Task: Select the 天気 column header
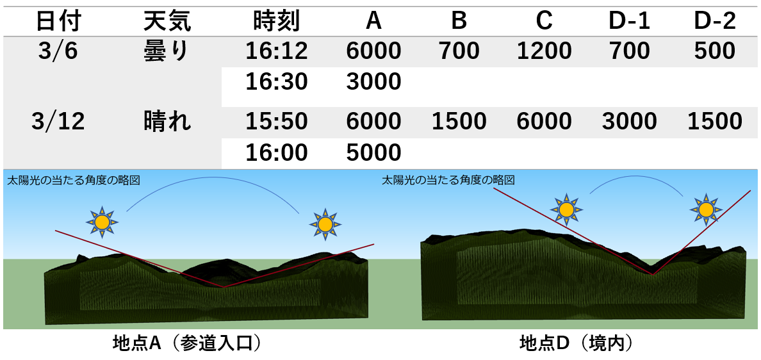coord(167,22)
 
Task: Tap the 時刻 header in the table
coord(277,22)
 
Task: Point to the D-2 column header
coord(715,22)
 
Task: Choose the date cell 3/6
coord(57,51)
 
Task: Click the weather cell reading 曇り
coord(166,51)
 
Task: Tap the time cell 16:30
coord(277,82)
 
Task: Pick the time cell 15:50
coord(277,121)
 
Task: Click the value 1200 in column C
coord(544,51)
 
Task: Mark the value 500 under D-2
coord(715,51)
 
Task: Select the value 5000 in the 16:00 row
coord(373,153)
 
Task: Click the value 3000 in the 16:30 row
coord(373,82)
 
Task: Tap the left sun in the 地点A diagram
coord(102,222)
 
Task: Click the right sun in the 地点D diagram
coord(706,209)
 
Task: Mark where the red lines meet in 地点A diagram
coord(224,287)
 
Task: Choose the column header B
coord(459,22)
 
